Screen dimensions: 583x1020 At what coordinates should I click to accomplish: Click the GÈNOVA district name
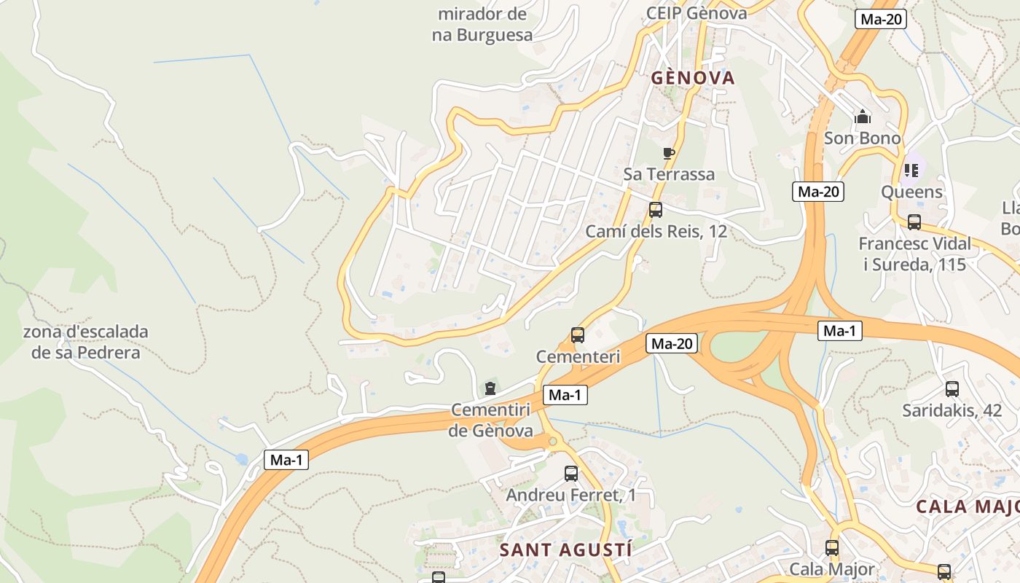693,78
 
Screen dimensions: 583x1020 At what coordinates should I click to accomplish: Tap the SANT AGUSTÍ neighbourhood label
565,550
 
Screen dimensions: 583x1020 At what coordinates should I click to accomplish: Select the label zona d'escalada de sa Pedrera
86,342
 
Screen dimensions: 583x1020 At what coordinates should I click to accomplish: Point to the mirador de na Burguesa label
482,24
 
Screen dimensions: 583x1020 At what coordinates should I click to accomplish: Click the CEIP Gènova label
697,13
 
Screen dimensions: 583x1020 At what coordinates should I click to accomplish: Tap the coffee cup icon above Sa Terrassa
668,153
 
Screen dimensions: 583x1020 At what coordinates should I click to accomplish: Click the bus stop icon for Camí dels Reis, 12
656,211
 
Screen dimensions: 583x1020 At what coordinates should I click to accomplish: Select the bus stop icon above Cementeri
578,335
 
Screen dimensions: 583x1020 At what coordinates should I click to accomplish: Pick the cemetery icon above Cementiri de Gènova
490,388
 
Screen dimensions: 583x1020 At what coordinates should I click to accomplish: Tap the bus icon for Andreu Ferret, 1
571,474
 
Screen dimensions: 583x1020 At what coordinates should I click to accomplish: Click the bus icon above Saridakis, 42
952,389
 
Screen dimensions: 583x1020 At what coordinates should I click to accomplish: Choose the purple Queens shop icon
911,171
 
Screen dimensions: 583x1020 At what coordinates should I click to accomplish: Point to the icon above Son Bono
863,117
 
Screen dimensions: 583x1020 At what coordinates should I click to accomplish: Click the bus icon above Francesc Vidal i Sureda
914,222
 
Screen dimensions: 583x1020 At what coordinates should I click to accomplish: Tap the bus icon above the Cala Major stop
832,547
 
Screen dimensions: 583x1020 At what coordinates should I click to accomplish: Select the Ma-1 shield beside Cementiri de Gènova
565,395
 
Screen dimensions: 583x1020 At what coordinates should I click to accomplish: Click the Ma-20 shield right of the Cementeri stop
671,343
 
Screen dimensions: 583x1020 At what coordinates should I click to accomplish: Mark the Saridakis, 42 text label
952,410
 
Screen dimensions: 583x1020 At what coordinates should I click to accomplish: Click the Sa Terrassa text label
669,174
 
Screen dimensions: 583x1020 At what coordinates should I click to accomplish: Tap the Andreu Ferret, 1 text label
571,496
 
